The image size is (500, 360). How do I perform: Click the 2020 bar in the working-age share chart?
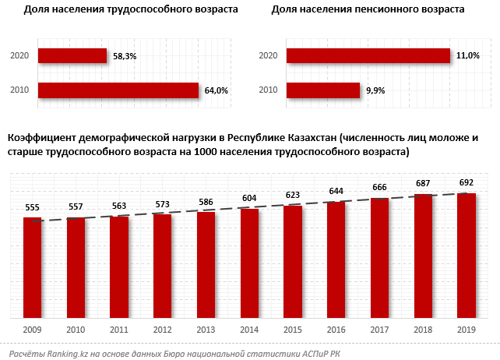72,55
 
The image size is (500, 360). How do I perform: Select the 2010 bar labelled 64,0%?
118,90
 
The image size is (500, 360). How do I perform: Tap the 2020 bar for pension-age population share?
368,55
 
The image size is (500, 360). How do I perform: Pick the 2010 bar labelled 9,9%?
322,90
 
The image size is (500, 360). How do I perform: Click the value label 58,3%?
125,56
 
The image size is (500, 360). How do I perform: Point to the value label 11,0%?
468,56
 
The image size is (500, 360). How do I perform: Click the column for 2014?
249,263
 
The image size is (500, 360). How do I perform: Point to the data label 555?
32,208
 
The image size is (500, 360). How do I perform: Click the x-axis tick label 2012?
162,330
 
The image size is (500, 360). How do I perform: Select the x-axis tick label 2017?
379,330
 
